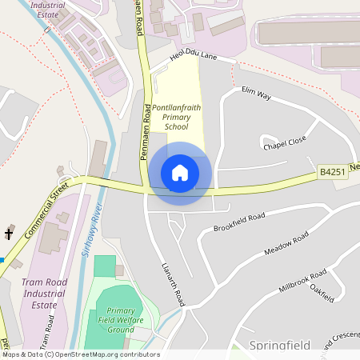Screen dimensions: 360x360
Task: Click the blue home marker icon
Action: coord(180,173)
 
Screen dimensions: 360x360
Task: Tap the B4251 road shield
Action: coord(332,173)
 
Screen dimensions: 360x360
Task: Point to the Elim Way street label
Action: coord(257,98)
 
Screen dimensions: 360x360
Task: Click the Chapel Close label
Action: coord(284,142)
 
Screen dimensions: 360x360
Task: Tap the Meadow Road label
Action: coord(286,246)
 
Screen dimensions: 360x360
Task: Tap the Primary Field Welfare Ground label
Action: coord(120,320)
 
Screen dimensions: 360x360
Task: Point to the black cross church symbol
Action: coord(9,234)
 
